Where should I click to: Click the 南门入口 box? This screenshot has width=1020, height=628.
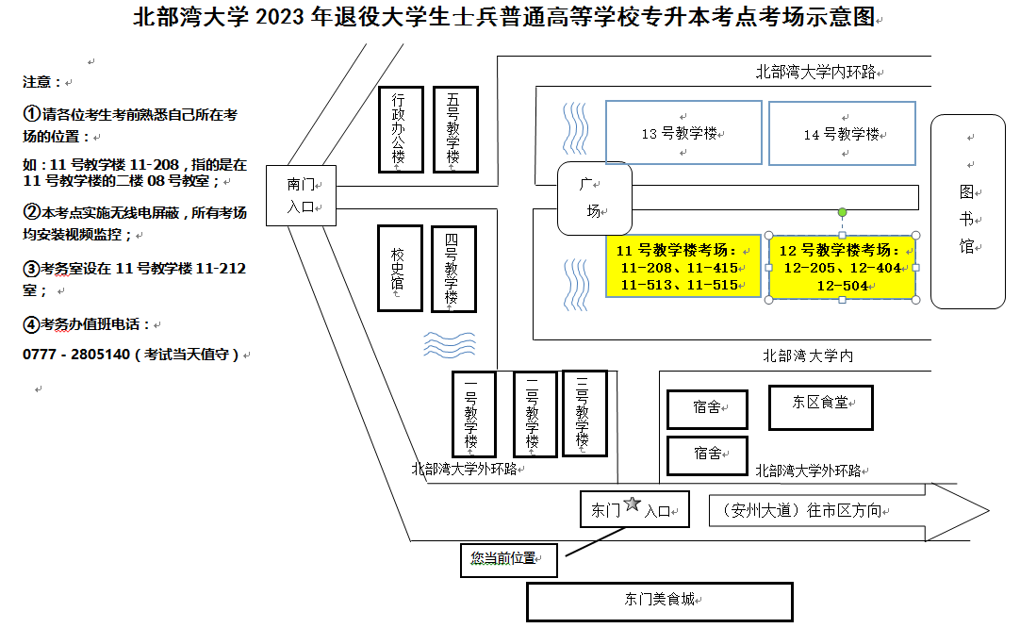tap(301, 196)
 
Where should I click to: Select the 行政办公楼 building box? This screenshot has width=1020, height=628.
tap(401, 129)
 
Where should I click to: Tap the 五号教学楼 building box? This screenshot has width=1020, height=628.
tap(455, 129)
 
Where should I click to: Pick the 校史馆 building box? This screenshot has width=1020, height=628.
tap(400, 268)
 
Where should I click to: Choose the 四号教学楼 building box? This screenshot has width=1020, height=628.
tap(453, 269)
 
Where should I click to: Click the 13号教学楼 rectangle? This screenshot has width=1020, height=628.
tap(683, 133)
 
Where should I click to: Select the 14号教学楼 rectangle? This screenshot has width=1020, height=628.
tap(842, 134)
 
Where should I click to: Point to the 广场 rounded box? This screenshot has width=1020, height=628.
tap(592, 198)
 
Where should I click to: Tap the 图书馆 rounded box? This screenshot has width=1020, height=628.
tap(968, 211)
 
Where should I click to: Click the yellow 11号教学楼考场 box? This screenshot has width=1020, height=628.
tap(683, 267)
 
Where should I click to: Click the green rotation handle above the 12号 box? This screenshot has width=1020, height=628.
tap(842, 212)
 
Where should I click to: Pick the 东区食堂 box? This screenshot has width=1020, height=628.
tap(821, 406)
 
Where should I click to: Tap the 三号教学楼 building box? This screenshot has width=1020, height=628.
tap(584, 414)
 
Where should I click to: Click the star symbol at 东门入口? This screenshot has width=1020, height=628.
tap(632, 506)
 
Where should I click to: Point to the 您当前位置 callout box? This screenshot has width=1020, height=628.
tap(508, 559)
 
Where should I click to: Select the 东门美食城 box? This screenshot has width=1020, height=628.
tap(659, 600)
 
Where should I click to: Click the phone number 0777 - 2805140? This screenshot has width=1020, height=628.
tap(75, 355)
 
